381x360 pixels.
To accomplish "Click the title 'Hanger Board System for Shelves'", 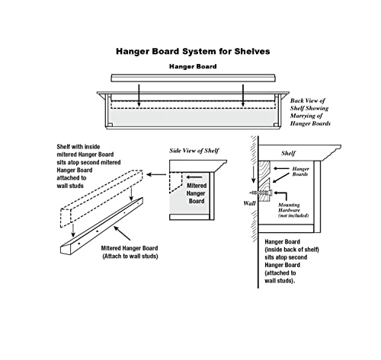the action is (x=193, y=52).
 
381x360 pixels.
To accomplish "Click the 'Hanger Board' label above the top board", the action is (x=193, y=66).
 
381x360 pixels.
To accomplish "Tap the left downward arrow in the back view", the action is (x=139, y=96).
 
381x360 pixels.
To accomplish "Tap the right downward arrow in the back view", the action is (x=243, y=96).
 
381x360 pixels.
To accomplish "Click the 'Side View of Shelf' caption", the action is (x=194, y=151).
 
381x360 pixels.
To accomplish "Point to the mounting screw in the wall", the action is (x=261, y=193).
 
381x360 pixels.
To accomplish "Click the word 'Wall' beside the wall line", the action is (x=249, y=203).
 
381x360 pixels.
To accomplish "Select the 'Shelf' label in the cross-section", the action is (x=288, y=153).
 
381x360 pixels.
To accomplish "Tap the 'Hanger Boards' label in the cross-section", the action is (x=300, y=171).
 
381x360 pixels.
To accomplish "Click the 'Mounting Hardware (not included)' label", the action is (x=293, y=210).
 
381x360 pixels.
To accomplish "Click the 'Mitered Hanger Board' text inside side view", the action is (x=196, y=193).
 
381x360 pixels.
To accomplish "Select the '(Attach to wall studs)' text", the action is (x=130, y=256).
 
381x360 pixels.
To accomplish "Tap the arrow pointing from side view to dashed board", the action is (x=156, y=174).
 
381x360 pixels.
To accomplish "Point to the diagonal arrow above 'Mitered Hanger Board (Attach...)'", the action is (x=122, y=233).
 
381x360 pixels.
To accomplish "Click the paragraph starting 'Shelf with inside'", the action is (x=88, y=166).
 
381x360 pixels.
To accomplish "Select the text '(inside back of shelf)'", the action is (x=292, y=250).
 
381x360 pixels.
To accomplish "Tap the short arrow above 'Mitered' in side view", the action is (x=194, y=177).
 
